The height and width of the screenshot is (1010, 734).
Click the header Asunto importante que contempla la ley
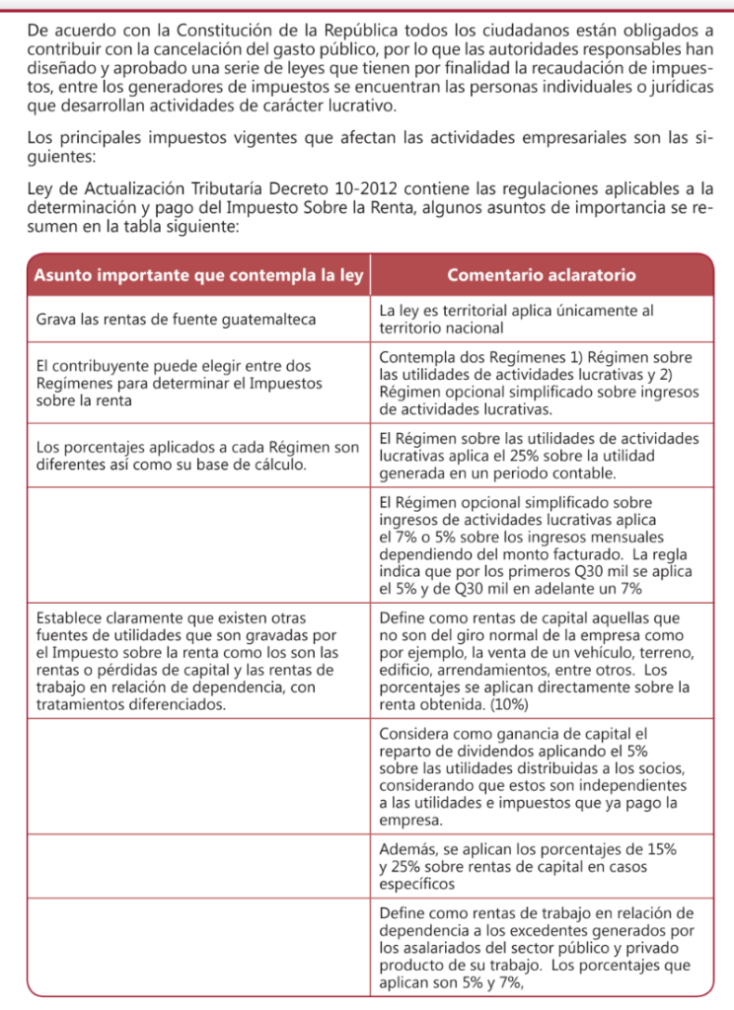198,275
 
